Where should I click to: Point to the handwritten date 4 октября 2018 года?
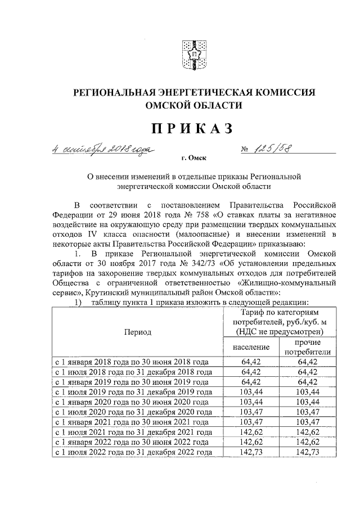point(101,150)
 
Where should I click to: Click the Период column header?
point(138,332)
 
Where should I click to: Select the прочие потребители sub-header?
point(307,347)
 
